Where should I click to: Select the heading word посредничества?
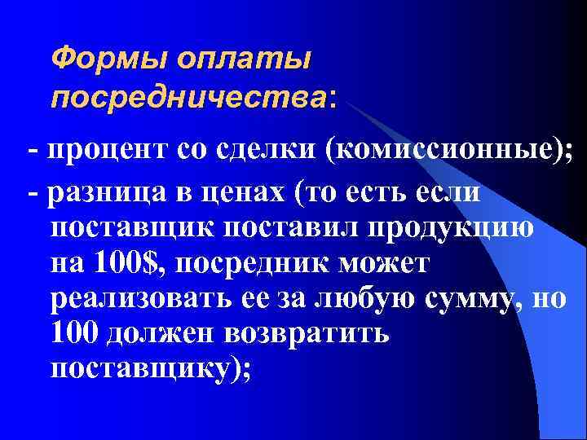(188, 98)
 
